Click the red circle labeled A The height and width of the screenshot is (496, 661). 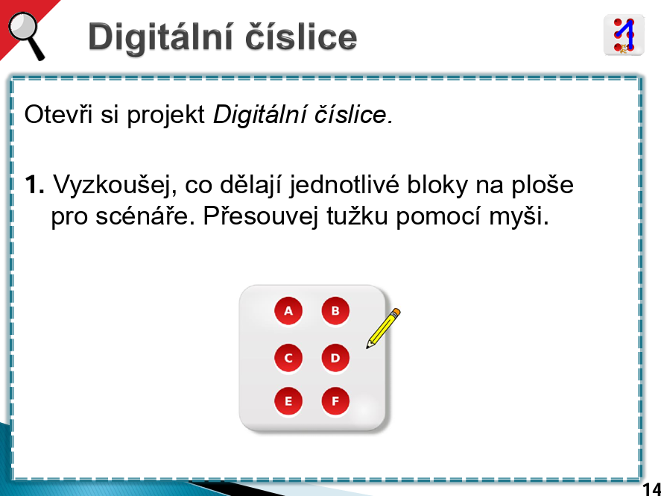click(288, 311)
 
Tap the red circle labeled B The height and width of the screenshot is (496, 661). click(335, 311)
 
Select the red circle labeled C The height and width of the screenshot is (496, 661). click(288, 358)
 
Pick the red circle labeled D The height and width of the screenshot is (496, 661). click(335, 358)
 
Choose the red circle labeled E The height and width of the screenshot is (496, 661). click(288, 401)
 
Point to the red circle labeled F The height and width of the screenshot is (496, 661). click(335, 401)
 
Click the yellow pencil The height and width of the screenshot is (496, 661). click(383, 328)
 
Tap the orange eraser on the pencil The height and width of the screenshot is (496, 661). click(396, 313)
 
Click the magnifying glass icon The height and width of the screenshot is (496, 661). click(27, 36)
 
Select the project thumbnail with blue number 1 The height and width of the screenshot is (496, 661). click(624, 35)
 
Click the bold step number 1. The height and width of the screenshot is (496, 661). click(34, 185)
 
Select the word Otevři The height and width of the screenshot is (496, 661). click(58, 114)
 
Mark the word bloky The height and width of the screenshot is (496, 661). click(437, 186)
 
